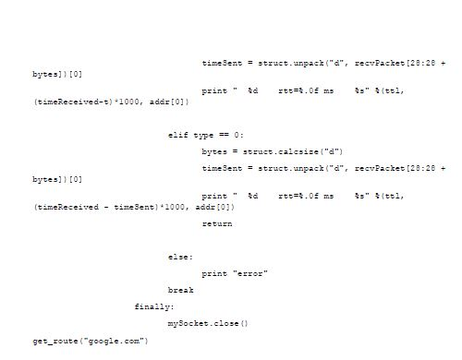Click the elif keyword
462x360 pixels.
coord(177,135)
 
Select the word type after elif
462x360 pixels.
coord(202,135)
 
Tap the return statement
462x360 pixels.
coord(216,223)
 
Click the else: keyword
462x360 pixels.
coord(180,257)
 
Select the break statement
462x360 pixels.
coord(180,290)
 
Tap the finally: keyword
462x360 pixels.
coord(153,306)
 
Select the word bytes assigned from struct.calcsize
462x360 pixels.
coord(213,150)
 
